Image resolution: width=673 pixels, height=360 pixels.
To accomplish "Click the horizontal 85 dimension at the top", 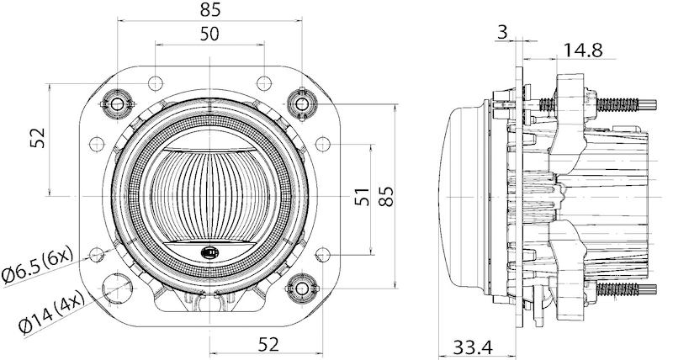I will tap(210, 10).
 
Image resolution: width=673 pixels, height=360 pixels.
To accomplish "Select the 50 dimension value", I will tap(210, 34).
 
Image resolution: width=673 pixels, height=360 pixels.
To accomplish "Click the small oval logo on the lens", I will tap(208, 251).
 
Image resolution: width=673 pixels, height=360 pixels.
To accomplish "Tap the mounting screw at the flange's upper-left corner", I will tap(116, 103).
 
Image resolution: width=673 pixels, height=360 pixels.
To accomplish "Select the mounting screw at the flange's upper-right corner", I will tap(302, 103).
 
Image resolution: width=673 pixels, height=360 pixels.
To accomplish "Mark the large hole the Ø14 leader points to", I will tap(117, 288).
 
